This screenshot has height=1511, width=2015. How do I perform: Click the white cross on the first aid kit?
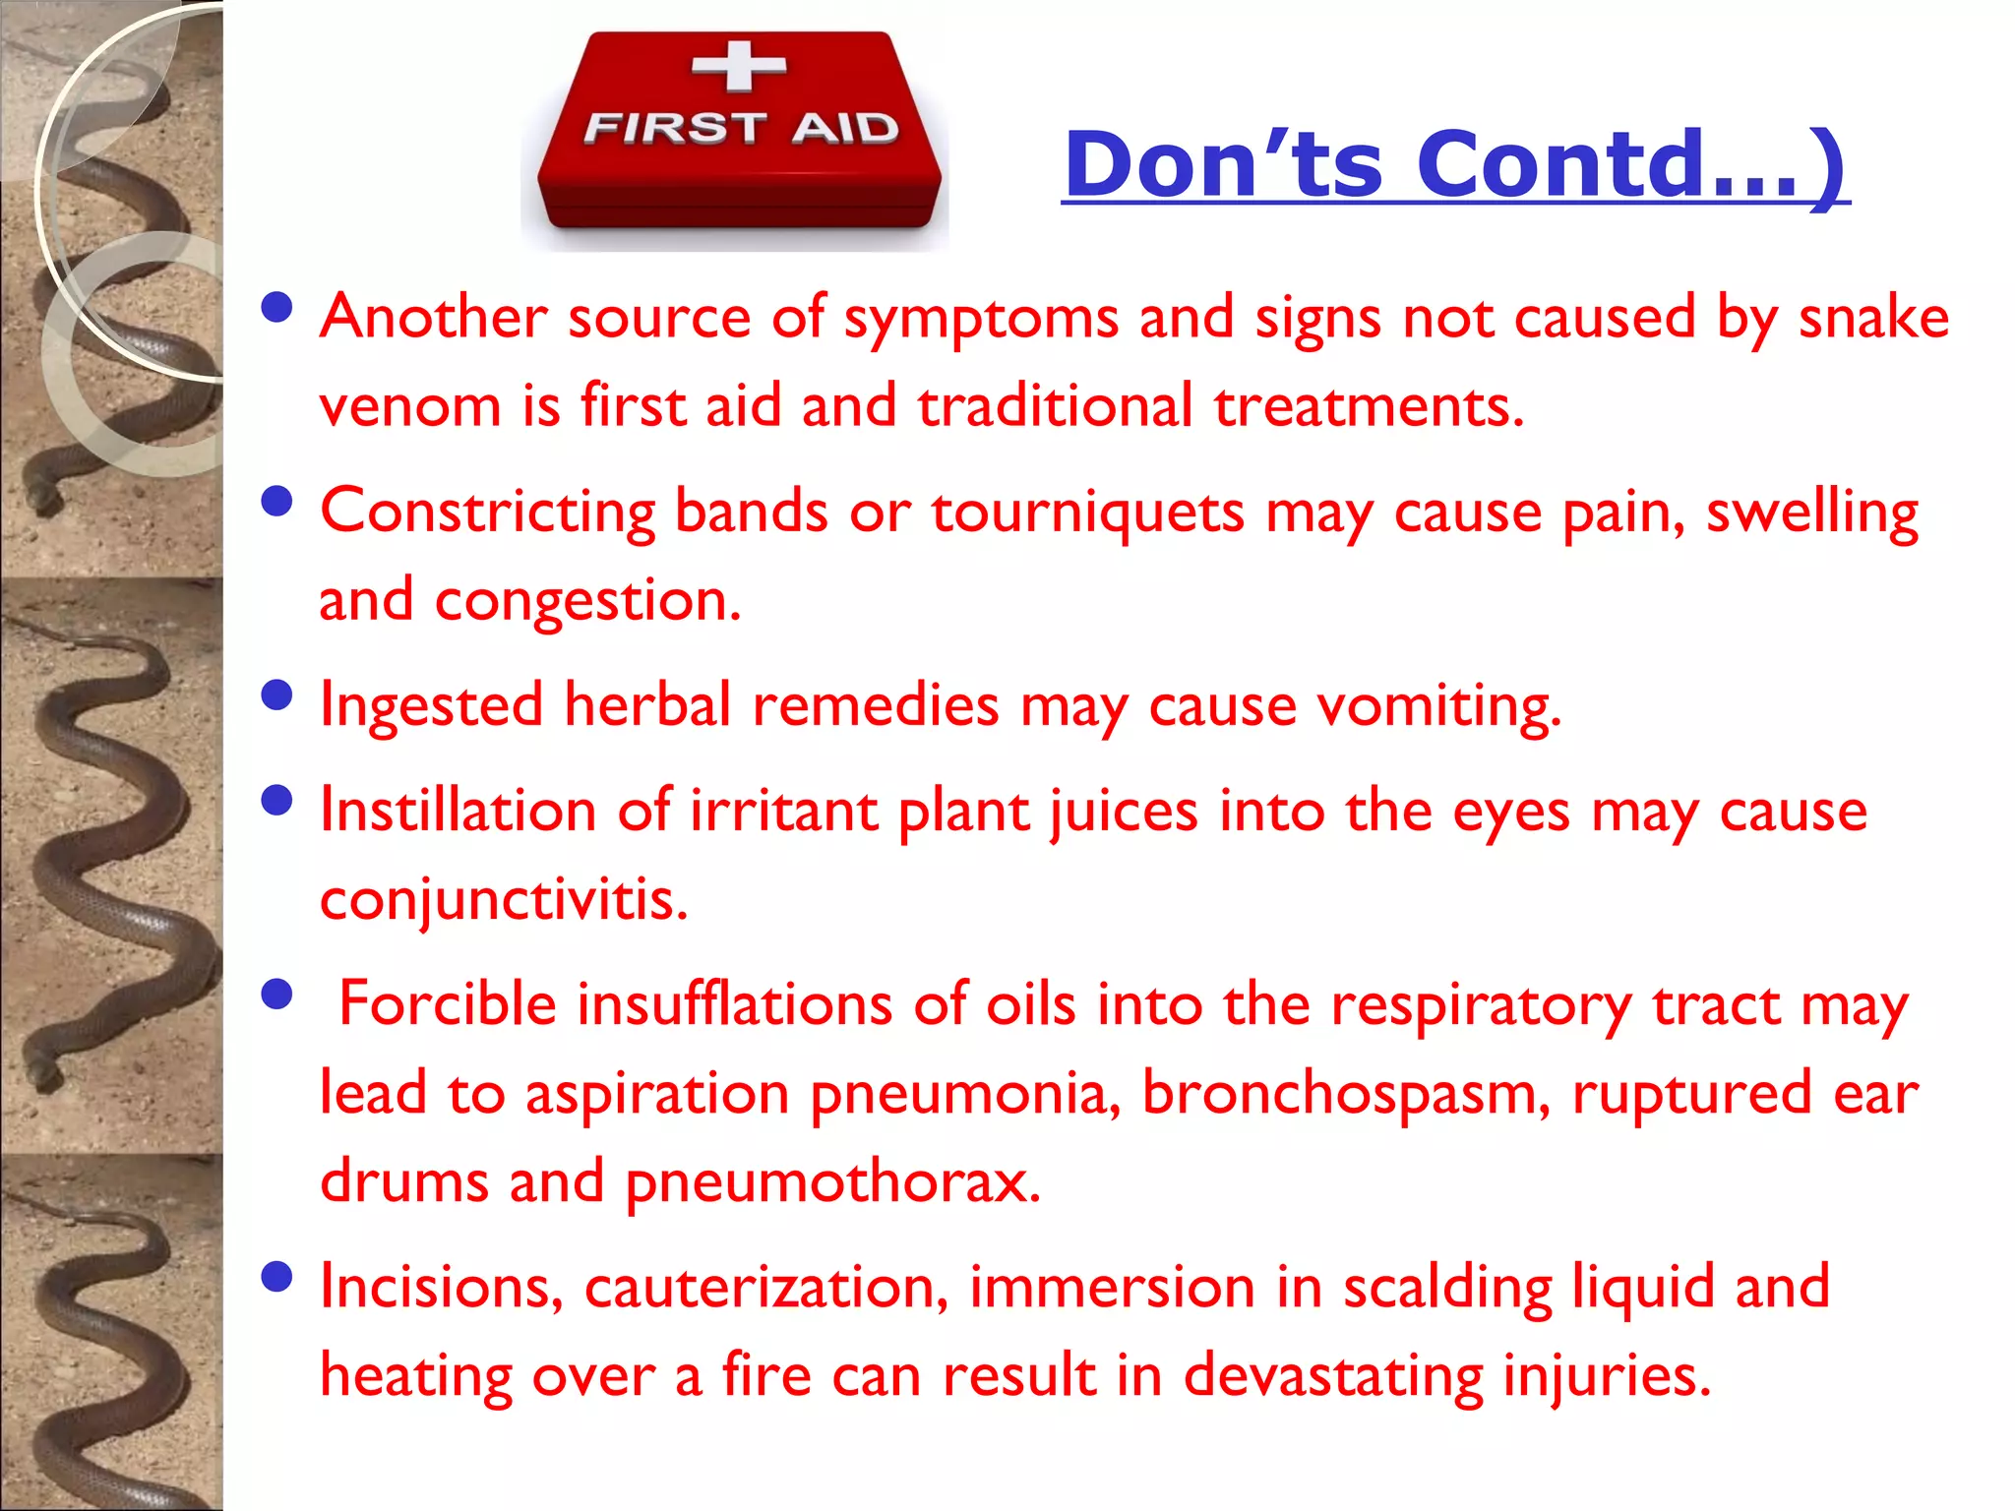pyautogui.click(x=739, y=66)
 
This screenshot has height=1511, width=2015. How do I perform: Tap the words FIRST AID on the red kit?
pyautogui.click(x=741, y=128)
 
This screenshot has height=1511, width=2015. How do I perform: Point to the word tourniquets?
pyautogui.click(x=1087, y=513)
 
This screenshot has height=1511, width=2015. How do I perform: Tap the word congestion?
pyautogui.click(x=587, y=600)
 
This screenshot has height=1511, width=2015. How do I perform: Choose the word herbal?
pyautogui.click(x=647, y=705)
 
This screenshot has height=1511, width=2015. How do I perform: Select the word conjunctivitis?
pyautogui.click(x=504, y=899)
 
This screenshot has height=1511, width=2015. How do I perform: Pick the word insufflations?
pyautogui.click(x=734, y=1005)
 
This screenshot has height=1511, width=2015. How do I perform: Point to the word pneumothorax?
pyautogui.click(x=832, y=1181)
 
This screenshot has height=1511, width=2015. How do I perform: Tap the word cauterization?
pyautogui.click(x=766, y=1287)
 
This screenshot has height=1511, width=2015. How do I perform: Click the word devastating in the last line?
pyautogui.click(x=1332, y=1375)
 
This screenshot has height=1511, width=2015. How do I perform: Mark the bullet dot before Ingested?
pyautogui.click(x=278, y=695)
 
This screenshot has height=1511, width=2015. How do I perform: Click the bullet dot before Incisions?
pyautogui.click(x=278, y=1277)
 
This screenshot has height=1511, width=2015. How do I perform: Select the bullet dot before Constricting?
pyautogui.click(x=278, y=502)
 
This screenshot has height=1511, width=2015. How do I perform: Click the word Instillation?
pyautogui.click(x=458, y=812)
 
